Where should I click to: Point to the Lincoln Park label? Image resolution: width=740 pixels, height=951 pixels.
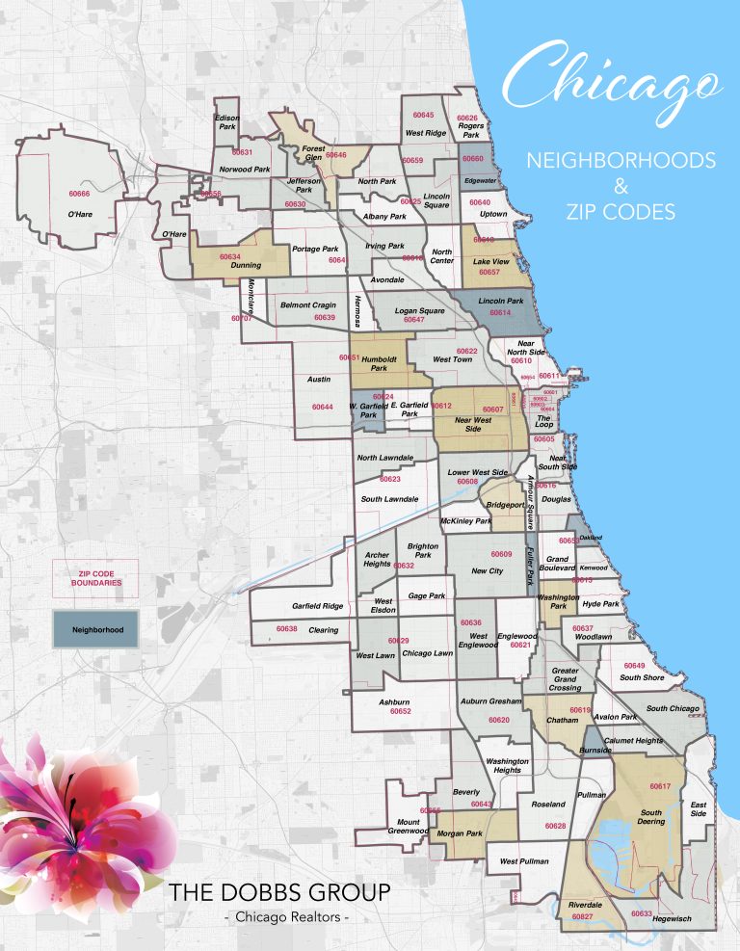[x=499, y=302]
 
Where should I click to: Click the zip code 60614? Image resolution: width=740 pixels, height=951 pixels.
[x=500, y=313]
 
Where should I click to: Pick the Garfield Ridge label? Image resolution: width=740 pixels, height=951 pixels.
[x=317, y=606]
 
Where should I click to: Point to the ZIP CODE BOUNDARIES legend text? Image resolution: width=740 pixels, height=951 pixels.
[x=96, y=578]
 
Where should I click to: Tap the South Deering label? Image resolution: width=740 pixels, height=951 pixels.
[x=652, y=816]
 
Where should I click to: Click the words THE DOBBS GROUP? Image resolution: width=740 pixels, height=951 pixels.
[x=279, y=893]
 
